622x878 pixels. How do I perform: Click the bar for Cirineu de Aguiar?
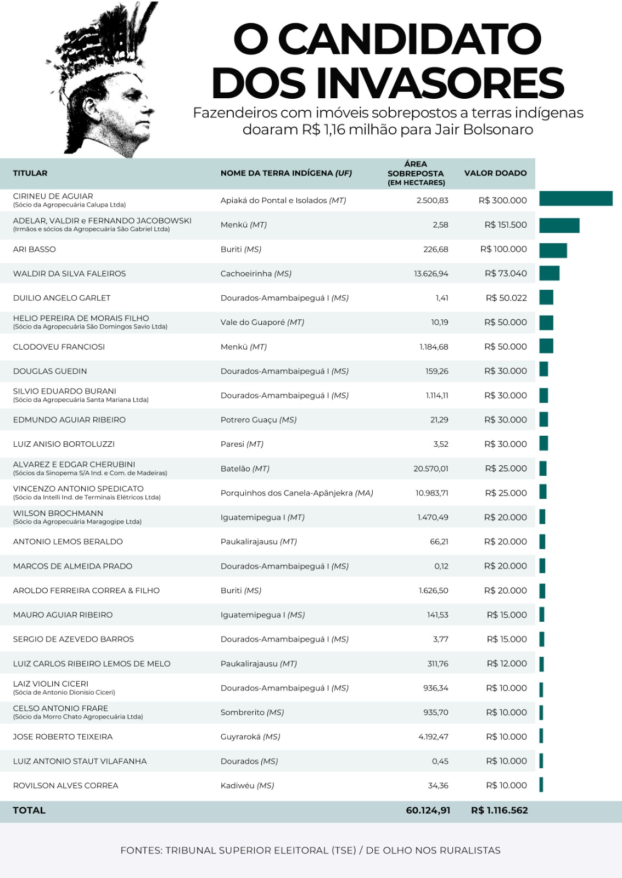[x=575, y=199]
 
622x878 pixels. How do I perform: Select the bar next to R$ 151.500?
[x=559, y=225]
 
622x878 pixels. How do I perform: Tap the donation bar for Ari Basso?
[x=553, y=250]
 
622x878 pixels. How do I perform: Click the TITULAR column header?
[x=30, y=173]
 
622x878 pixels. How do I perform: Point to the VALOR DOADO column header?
[x=495, y=173]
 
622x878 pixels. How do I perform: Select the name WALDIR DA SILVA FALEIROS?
[x=69, y=274]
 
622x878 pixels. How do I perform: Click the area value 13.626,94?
[x=431, y=274]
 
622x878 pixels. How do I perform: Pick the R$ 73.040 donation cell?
[x=506, y=274]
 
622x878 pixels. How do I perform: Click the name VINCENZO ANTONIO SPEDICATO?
[x=79, y=488]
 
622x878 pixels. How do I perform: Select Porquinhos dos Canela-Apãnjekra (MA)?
[x=296, y=493]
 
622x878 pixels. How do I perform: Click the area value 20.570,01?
[x=431, y=469]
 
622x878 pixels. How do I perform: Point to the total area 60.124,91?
[x=428, y=811]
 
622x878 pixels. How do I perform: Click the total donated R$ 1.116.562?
[x=499, y=811]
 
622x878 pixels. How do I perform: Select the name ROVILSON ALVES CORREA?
[x=66, y=786]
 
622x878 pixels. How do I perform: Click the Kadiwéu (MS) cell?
[x=247, y=786]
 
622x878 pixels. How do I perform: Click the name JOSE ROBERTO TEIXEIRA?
[x=63, y=737]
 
